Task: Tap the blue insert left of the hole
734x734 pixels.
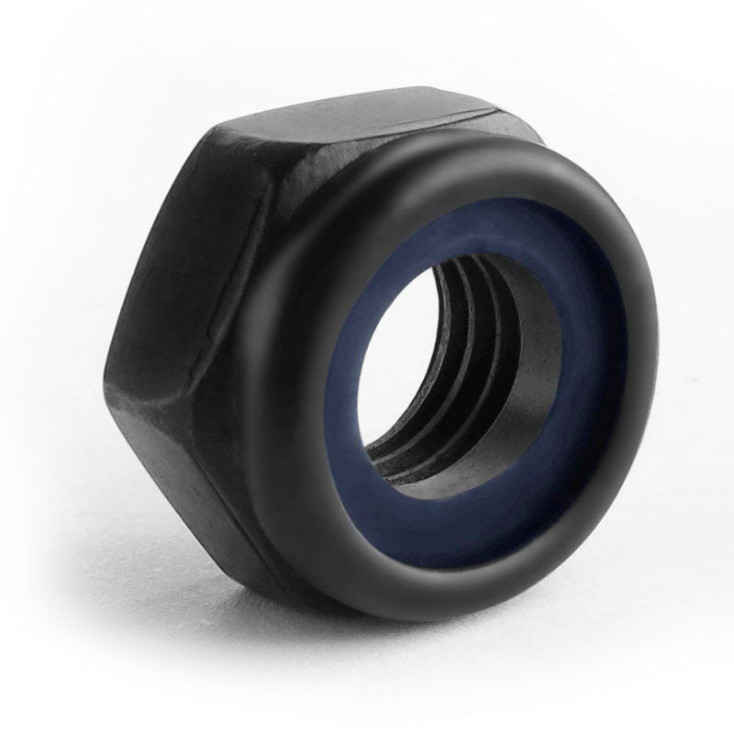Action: (339, 385)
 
